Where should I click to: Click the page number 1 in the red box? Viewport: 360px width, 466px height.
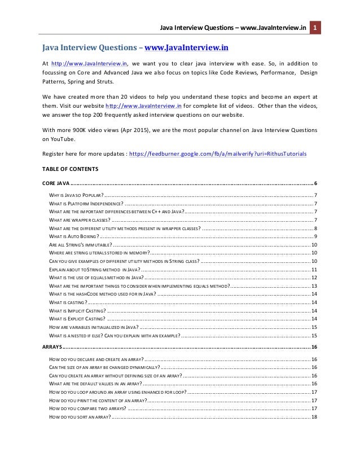pos(315,28)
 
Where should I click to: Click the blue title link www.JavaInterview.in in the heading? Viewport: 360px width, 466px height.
pos(187,47)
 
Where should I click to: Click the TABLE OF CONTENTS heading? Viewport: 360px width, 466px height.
pos(70,169)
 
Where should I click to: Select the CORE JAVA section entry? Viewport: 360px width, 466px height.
pos(56,184)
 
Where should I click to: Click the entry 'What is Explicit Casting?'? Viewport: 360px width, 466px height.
pos(77,319)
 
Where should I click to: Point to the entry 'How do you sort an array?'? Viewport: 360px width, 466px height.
pos(80,416)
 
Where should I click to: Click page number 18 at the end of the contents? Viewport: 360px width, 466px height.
pos(314,416)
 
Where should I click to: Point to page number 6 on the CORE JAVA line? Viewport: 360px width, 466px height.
pos(315,184)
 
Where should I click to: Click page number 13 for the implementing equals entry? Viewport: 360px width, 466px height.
pos(314,286)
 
